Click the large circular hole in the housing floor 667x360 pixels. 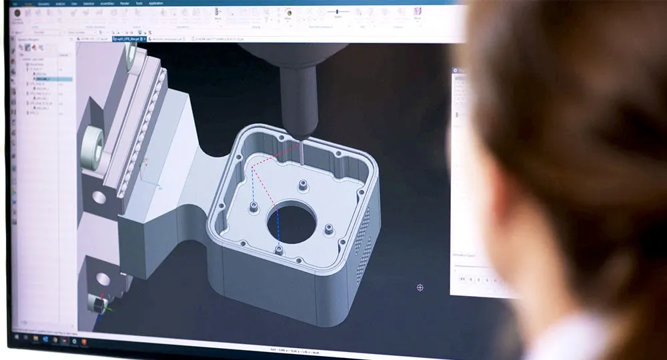(x=291, y=223)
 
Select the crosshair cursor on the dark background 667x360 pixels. (x=420, y=287)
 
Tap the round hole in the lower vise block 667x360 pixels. (x=103, y=279)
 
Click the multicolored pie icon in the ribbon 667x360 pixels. (x=288, y=12)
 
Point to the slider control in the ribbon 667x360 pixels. (x=340, y=11)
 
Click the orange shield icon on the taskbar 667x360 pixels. (x=74, y=341)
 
